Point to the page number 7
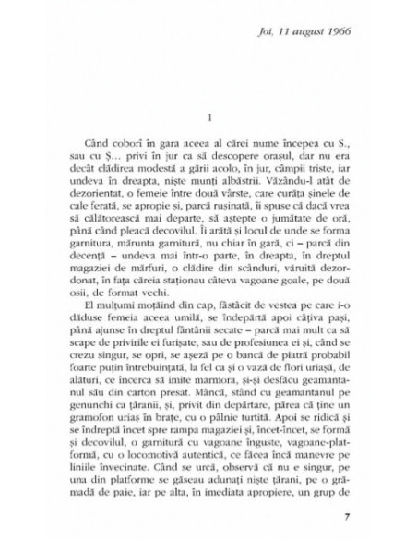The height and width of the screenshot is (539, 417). point(344,514)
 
